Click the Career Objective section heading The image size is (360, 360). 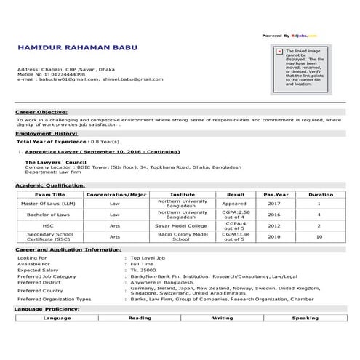[x=42, y=112]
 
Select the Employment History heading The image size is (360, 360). [x=47, y=133]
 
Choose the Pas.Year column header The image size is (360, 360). [x=276, y=195]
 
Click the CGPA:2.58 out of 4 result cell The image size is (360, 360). [x=235, y=215]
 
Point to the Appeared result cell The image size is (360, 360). [x=235, y=204]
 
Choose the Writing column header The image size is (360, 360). [x=223, y=318]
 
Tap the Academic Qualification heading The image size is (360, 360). [x=51, y=185]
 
